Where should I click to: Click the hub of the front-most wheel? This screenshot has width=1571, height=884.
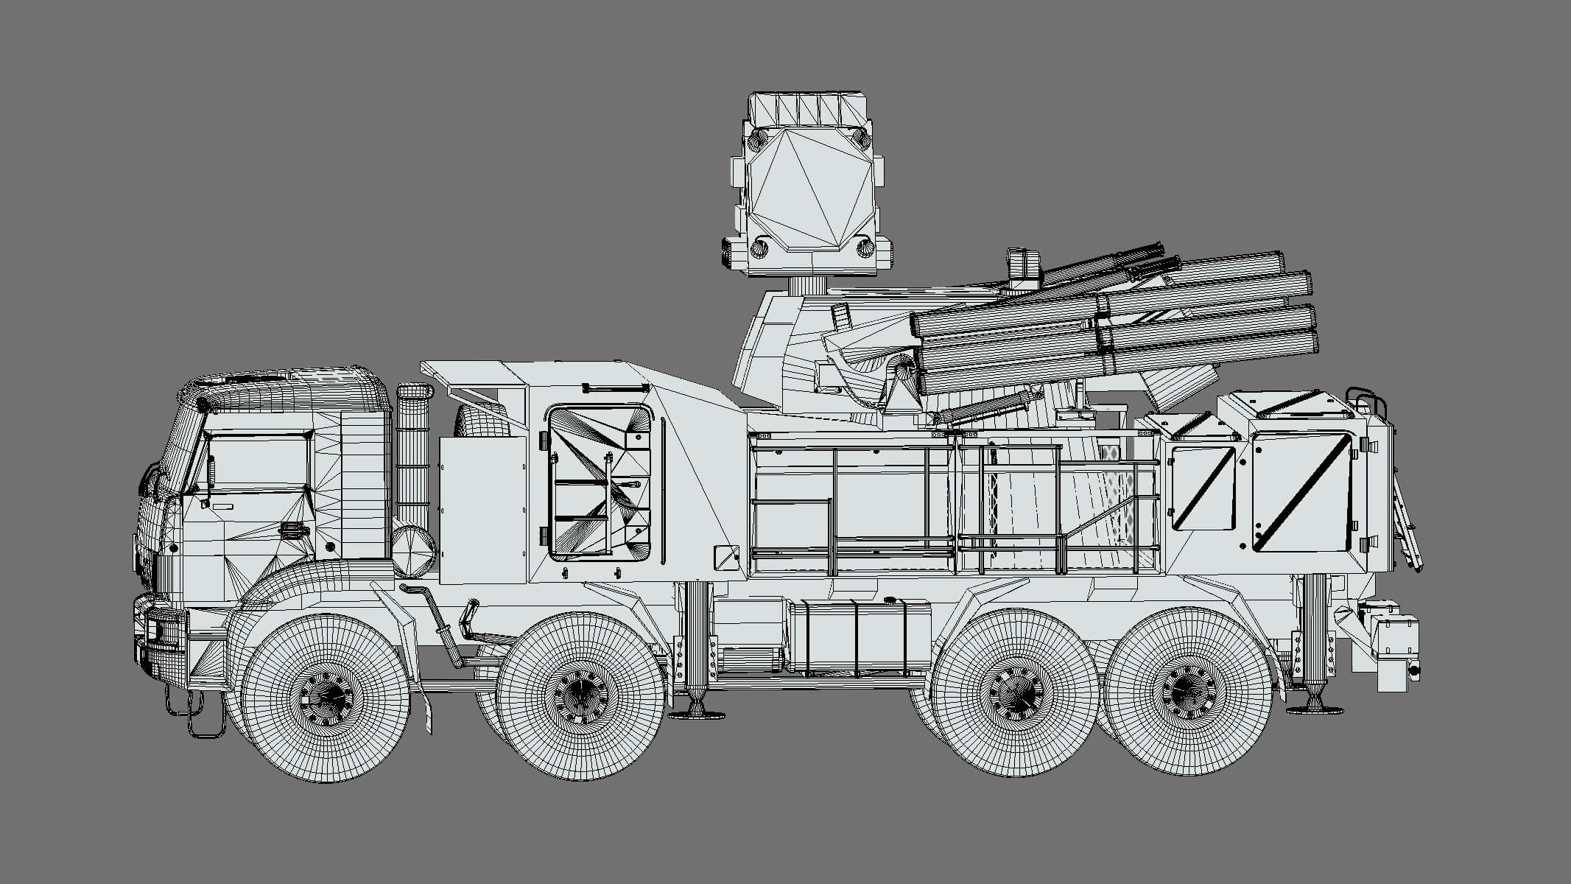326,695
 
